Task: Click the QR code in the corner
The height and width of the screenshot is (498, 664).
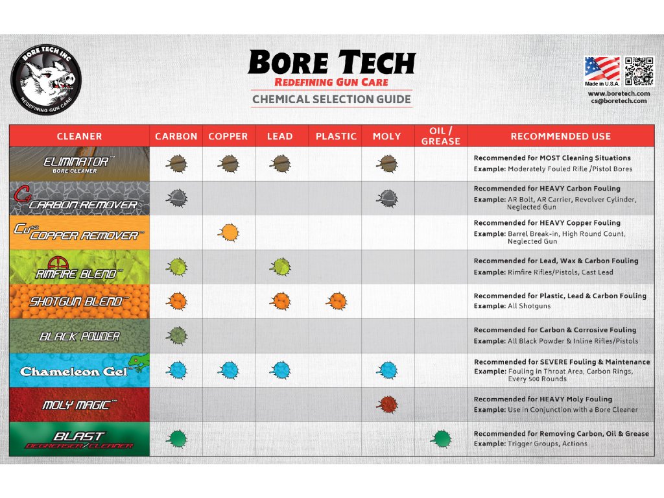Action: click(x=639, y=71)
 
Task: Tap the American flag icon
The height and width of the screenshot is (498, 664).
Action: click(x=602, y=69)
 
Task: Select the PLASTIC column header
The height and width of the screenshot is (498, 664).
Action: click(x=336, y=136)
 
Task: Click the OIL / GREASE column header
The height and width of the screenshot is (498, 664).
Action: click(x=441, y=136)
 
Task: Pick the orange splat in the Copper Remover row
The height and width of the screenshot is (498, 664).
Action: click(x=228, y=232)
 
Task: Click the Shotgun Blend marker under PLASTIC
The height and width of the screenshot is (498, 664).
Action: click(x=336, y=301)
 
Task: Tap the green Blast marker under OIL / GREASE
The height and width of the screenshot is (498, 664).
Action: click(x=441, y=439)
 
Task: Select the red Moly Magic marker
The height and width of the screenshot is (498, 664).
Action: click(x=387, y=404)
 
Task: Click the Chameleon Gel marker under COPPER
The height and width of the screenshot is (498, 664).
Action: click(x=228, y=370)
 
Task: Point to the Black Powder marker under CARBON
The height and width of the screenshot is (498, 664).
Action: click(x=176, y=335)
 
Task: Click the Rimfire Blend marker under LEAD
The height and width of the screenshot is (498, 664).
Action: click(x=280, y=267)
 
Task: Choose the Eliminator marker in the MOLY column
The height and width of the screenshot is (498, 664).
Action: click(x=387, y=163)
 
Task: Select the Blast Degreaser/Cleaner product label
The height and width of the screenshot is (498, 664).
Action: click(x=80, y=439)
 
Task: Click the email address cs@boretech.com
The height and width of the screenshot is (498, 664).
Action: click(x=619, y=101)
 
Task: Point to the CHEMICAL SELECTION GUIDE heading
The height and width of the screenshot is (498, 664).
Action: click(x=331, y=99)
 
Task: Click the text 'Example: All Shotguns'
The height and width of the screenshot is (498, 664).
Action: click(x=513, y=306)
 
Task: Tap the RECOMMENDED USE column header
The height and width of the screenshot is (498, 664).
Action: click(x=560, y=136)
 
